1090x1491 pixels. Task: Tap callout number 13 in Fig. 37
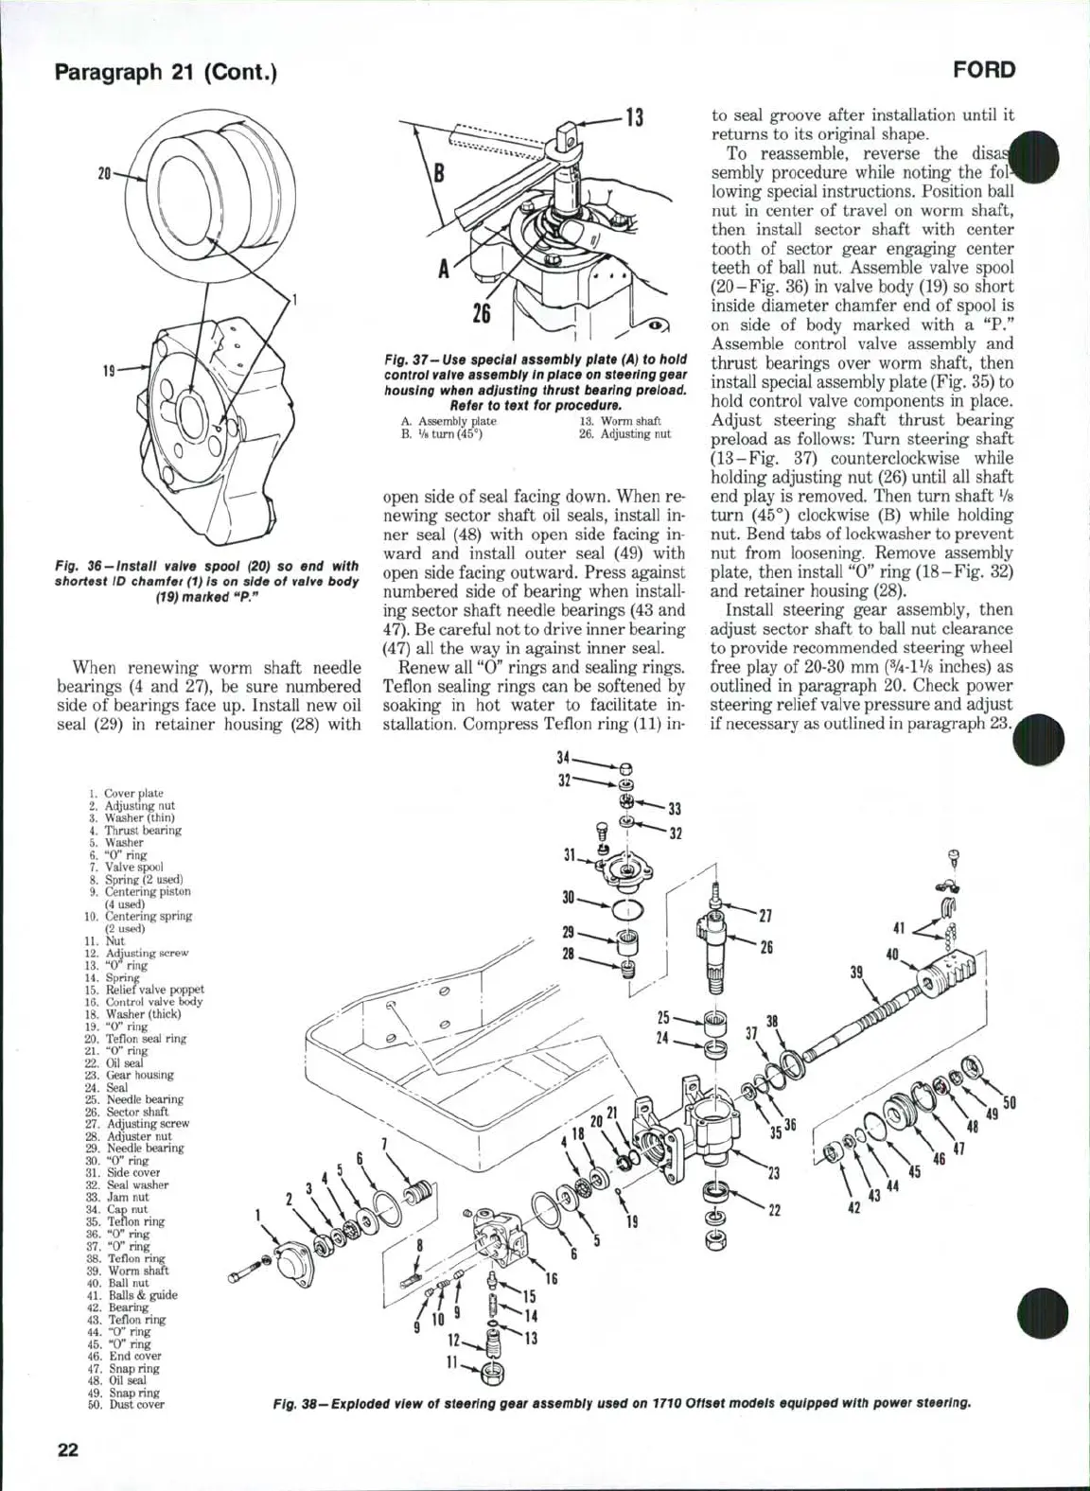(x=632, y=118)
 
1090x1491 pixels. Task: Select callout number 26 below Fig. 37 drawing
(x=481, y=312)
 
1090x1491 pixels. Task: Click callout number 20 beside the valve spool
(x=104, y=173)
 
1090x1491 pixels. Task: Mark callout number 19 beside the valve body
(x=107, y=370)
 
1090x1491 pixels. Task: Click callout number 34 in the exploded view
(x=564, y=757)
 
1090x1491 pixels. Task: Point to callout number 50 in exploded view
(x=1009, y=1101)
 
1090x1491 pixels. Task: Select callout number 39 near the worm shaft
(x=857, y=973)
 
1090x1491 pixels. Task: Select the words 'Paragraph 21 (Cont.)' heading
(x=166, y=72)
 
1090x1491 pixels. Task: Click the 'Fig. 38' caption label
(x=293, y=1402)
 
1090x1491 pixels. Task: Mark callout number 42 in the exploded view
(x=853, y=1207)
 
